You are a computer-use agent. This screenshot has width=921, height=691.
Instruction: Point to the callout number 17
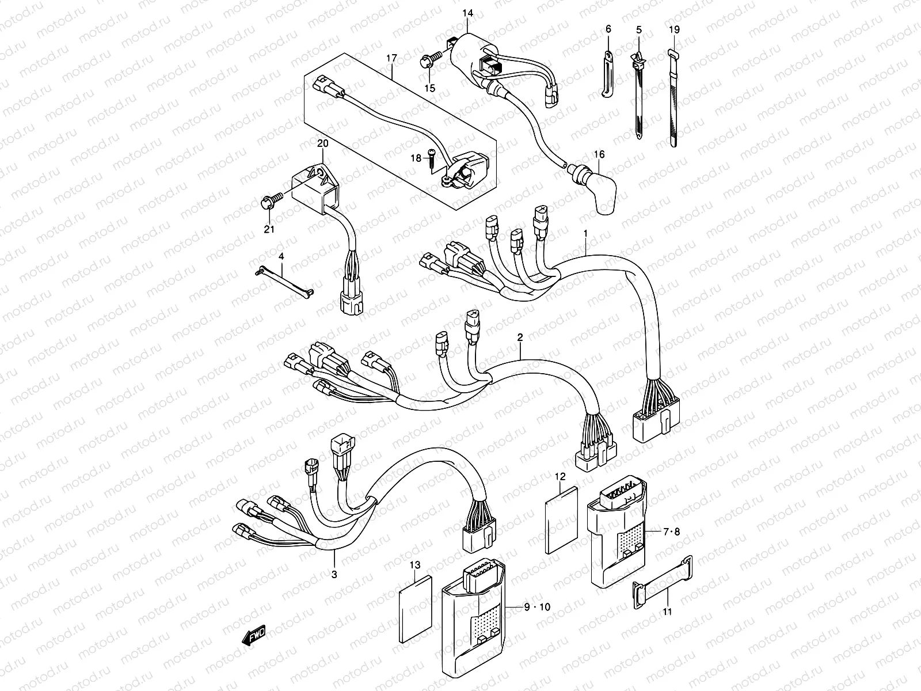point(392,58)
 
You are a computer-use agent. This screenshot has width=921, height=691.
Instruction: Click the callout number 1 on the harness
point(585,234)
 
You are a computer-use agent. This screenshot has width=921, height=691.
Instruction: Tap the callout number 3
point(334,574)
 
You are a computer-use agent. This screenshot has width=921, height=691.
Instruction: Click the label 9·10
point(537,606)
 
